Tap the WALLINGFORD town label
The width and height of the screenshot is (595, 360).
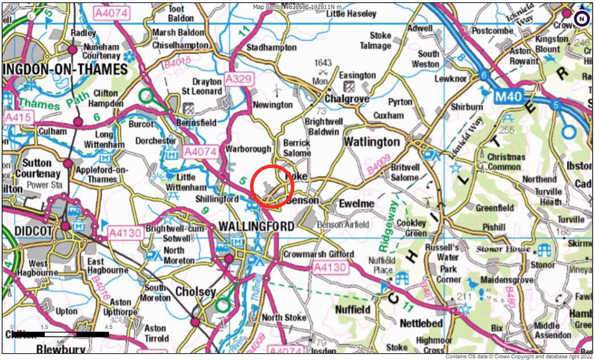[256, 226]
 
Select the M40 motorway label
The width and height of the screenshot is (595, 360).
[507, 97]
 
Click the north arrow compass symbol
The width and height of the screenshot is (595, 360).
[581, 19]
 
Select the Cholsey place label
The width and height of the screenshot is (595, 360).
[195, 292]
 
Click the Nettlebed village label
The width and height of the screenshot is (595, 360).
[422, 323]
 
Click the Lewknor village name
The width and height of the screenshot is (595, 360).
[451, 79]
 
